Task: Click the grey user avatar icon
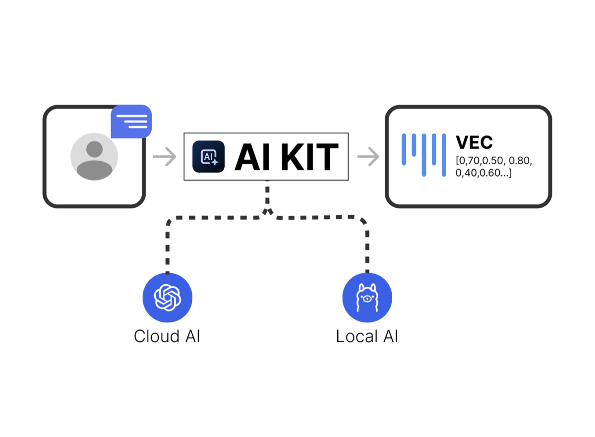[x=94, y=157]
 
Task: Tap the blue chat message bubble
[x=131, y=122]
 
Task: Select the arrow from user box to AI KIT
[x=165, y=157]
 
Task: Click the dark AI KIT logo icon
[x=208, y=157]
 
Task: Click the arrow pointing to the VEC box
[x=368, y=157]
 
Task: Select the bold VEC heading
[x=474, y=143]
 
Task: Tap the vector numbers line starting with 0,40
[x=483, y=173]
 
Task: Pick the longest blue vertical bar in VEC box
[x=424, y=155]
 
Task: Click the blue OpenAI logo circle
[x=167, y=298]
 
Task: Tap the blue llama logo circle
[x=367, y=298]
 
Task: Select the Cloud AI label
[x=167, y=336]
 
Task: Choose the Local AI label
[x=367, y=336]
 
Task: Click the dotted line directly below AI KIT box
[x=268, y=196]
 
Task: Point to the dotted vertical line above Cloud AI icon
[x=168, y=248]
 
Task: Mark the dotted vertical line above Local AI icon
[x=367, y=248]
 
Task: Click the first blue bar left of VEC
[x=404, y=149]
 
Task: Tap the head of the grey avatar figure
[x=94, y=149]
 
